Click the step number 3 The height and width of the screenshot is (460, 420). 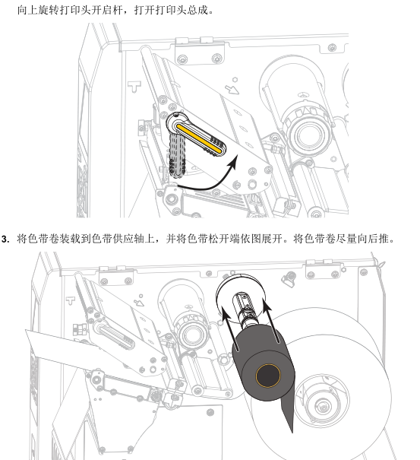pos(5,239)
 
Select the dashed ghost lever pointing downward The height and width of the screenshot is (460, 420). pos(177,155)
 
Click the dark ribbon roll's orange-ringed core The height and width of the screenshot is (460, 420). pos(268,376)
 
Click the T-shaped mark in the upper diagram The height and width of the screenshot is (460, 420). pos(134,87)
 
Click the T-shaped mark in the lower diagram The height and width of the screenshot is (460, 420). pos(71,300)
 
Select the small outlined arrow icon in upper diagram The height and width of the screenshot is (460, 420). pos(232,89)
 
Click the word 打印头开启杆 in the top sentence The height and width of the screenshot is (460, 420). pos(91,11)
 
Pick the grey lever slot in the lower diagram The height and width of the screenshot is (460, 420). pos(115,337)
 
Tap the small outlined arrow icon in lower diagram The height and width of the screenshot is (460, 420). pos(139,303)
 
